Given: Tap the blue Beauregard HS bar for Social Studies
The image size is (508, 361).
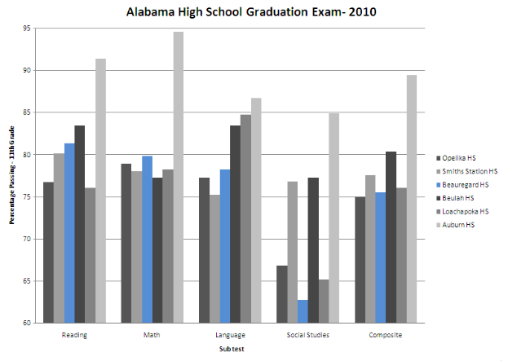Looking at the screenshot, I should tap(303, 311).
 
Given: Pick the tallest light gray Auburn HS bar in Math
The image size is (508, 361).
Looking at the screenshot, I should tap(178, 178).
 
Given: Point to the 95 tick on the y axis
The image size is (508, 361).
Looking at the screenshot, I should tap(28, 29).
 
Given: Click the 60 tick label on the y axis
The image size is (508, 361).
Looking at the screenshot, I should tap(28, 324).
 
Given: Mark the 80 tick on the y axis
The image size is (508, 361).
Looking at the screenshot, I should tap(28, 155).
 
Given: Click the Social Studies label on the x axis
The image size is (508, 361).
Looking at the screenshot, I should tap(308, 335).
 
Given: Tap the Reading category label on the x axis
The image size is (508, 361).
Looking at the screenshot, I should tap(74, 335).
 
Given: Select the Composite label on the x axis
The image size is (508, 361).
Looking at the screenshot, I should tap(386, 335).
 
